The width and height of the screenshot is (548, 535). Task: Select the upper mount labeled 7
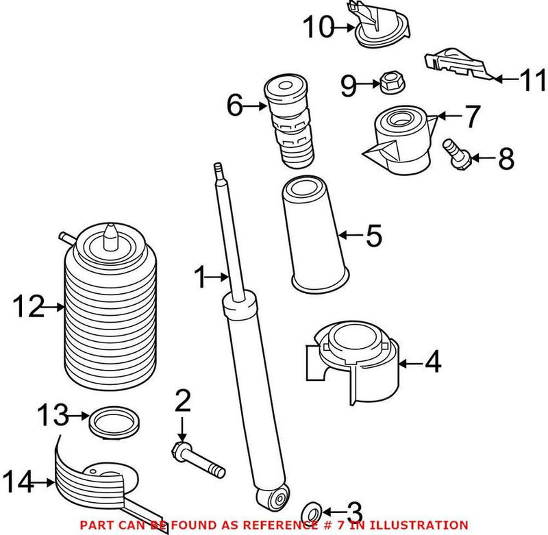click(399, 140)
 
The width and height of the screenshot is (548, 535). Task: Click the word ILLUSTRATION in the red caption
click(420, 524)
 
